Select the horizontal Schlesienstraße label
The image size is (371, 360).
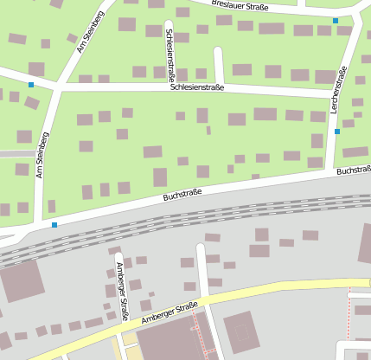click(x=197, y=87)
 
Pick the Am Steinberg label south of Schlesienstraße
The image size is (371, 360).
click(x=42, y=155)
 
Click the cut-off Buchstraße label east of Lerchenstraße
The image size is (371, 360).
click(x=354, y=170)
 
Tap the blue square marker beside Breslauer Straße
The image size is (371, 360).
click(x=336, y=20)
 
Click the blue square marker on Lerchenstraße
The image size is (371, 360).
click(x=337, y=132)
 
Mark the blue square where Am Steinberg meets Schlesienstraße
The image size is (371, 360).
click(x=31, y=85)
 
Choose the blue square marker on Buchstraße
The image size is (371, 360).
click(x=54, y=225)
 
